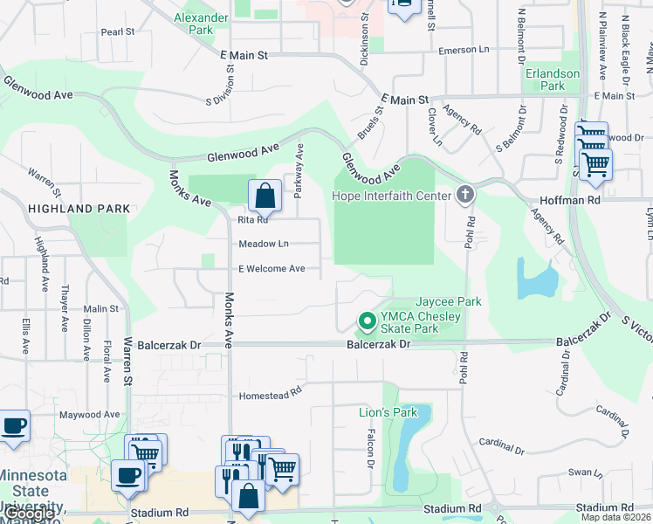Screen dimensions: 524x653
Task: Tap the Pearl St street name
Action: point(118,31)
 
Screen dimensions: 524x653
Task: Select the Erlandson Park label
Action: point(552,79)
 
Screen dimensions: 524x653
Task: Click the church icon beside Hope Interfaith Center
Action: point(465,194)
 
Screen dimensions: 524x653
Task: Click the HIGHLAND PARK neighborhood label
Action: point(79,209)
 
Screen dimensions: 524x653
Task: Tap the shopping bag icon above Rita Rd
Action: point(265,196)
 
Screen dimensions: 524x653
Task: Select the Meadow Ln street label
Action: point(263,244)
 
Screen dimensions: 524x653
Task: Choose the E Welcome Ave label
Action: point(272,268)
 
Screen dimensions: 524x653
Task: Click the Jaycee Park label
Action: point(449,301)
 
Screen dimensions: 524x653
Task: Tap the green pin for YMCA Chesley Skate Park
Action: point(368,322)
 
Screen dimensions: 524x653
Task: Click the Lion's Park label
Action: point(388,412)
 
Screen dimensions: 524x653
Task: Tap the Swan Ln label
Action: point(580,472)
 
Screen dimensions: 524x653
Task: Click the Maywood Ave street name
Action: point(89,414)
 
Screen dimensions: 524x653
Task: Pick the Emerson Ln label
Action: point(464,51)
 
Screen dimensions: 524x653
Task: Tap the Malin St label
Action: point(101,308)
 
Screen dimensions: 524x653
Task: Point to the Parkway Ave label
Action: point(299,168)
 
